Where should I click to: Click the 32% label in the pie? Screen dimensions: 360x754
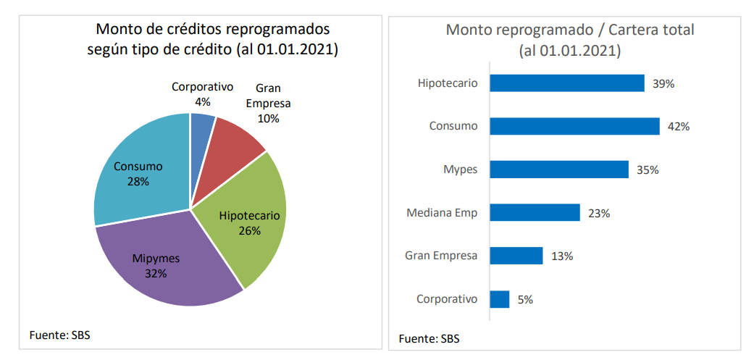[x=156, y=274]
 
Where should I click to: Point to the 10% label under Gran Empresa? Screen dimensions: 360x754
[x=268, y=118]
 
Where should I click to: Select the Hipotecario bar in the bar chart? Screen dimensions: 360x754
[x=567, y=83]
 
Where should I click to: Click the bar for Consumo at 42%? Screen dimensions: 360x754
[x=574, y=126]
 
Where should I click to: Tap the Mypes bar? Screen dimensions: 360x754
[x=559, y=169]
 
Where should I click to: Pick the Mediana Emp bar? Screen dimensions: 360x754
[x=535, y=212]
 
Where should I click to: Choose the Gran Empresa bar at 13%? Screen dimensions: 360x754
[x=516, y=256]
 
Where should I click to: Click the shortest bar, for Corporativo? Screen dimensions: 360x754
[x=500, y=299]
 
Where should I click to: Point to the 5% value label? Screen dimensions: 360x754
[x=525, y=299]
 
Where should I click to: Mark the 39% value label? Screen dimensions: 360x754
[x=663, y=83]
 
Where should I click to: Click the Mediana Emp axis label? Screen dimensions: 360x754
[x=442, y=213]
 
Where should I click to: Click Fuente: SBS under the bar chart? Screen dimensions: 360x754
[x=429, y=338]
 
